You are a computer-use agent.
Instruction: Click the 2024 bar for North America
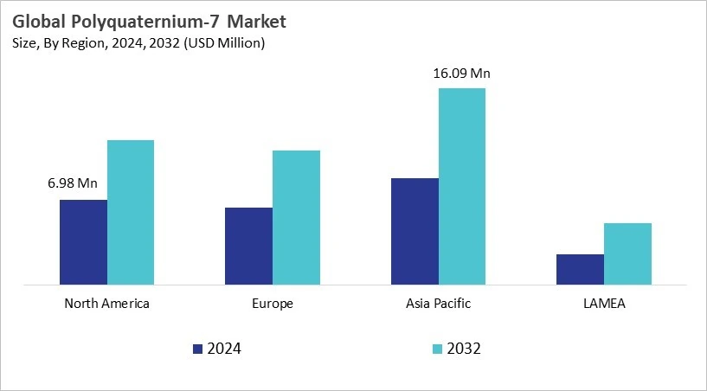[x=83, y=241]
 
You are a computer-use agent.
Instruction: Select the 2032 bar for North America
[x=131, y=212]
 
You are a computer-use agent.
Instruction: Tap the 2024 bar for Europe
[x=248, y=246]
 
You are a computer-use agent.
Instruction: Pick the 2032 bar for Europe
[x=296, y=217]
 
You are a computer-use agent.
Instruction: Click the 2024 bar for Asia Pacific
[x=415, y=231]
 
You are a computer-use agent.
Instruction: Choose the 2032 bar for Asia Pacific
[x=462, y=186]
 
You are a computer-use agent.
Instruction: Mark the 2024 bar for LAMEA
[x=580, y=269]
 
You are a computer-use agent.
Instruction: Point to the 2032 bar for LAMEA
[x=627, y=253]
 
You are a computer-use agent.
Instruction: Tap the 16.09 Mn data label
[x=462, y=73]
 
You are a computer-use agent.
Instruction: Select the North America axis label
[x=107, y=304]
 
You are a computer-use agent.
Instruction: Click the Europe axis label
[x=273, y=304]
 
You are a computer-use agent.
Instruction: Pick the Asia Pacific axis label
[x=438, y=304]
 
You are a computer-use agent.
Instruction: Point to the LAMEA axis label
[x=604, y=304]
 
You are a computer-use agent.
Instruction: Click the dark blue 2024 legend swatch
[x=198, y=349]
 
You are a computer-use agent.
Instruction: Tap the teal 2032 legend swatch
[x=437, y=349]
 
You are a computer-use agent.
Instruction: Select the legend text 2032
[x=465, y=349]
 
